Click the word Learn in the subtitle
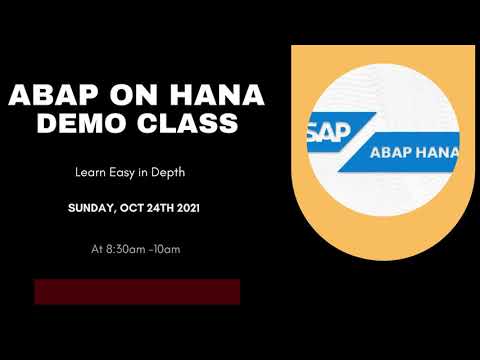pyautogui.click(x=93, y=173)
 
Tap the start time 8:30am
pyautogui.click(x=124, y=245)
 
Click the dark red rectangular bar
pyautogui.click(x=137, y=291)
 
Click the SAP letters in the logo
pyautogui.click(x=321, y=129)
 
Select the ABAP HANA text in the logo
pyautogui.click(x=413, y=152)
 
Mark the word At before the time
pyautogui.click(x=96, y=245)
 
